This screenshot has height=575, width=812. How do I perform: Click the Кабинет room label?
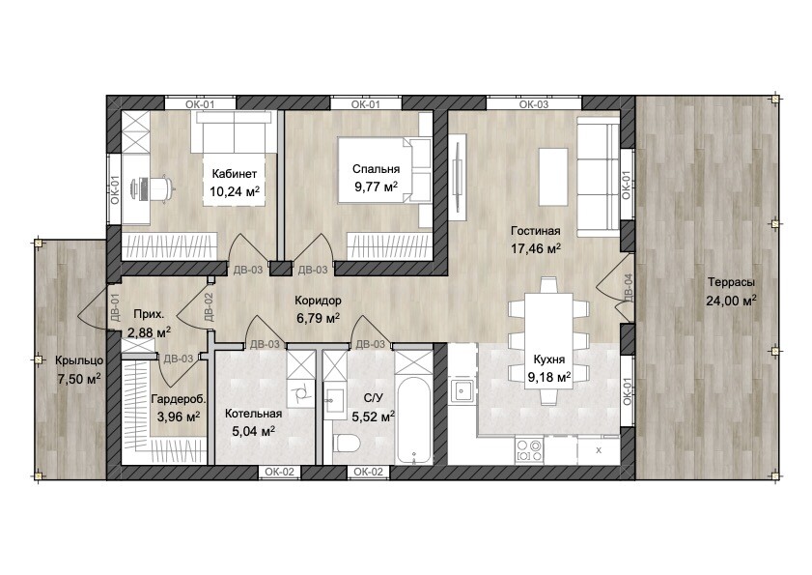coord(234,174)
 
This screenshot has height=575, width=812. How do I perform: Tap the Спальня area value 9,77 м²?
coord(376,187)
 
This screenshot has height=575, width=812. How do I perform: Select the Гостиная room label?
coord(536,231)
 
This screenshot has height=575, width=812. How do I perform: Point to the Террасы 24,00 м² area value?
coord(731,301)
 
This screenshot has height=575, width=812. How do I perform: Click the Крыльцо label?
coord(79,360)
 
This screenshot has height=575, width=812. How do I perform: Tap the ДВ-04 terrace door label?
coord(628,287)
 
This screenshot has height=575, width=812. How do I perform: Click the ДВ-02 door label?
coord(209,307)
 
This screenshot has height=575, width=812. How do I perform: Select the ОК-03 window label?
coord(534,104)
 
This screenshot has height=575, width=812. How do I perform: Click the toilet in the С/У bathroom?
coord(347,444)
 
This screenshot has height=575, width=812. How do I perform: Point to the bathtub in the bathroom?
coord(414,420)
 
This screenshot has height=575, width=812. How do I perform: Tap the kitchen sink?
coord(461,389)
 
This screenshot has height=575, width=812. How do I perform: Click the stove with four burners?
coord(529,450)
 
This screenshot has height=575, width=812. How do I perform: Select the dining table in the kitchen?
coord(548,339)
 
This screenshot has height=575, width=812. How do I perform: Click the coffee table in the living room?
coord(553,176)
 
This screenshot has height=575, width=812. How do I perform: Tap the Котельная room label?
coord(253,414)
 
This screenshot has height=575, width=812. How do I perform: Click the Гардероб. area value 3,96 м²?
coord(179,416)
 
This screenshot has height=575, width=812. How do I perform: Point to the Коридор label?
coord(318,301)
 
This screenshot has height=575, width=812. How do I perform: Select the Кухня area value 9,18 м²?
coord(549,377)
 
